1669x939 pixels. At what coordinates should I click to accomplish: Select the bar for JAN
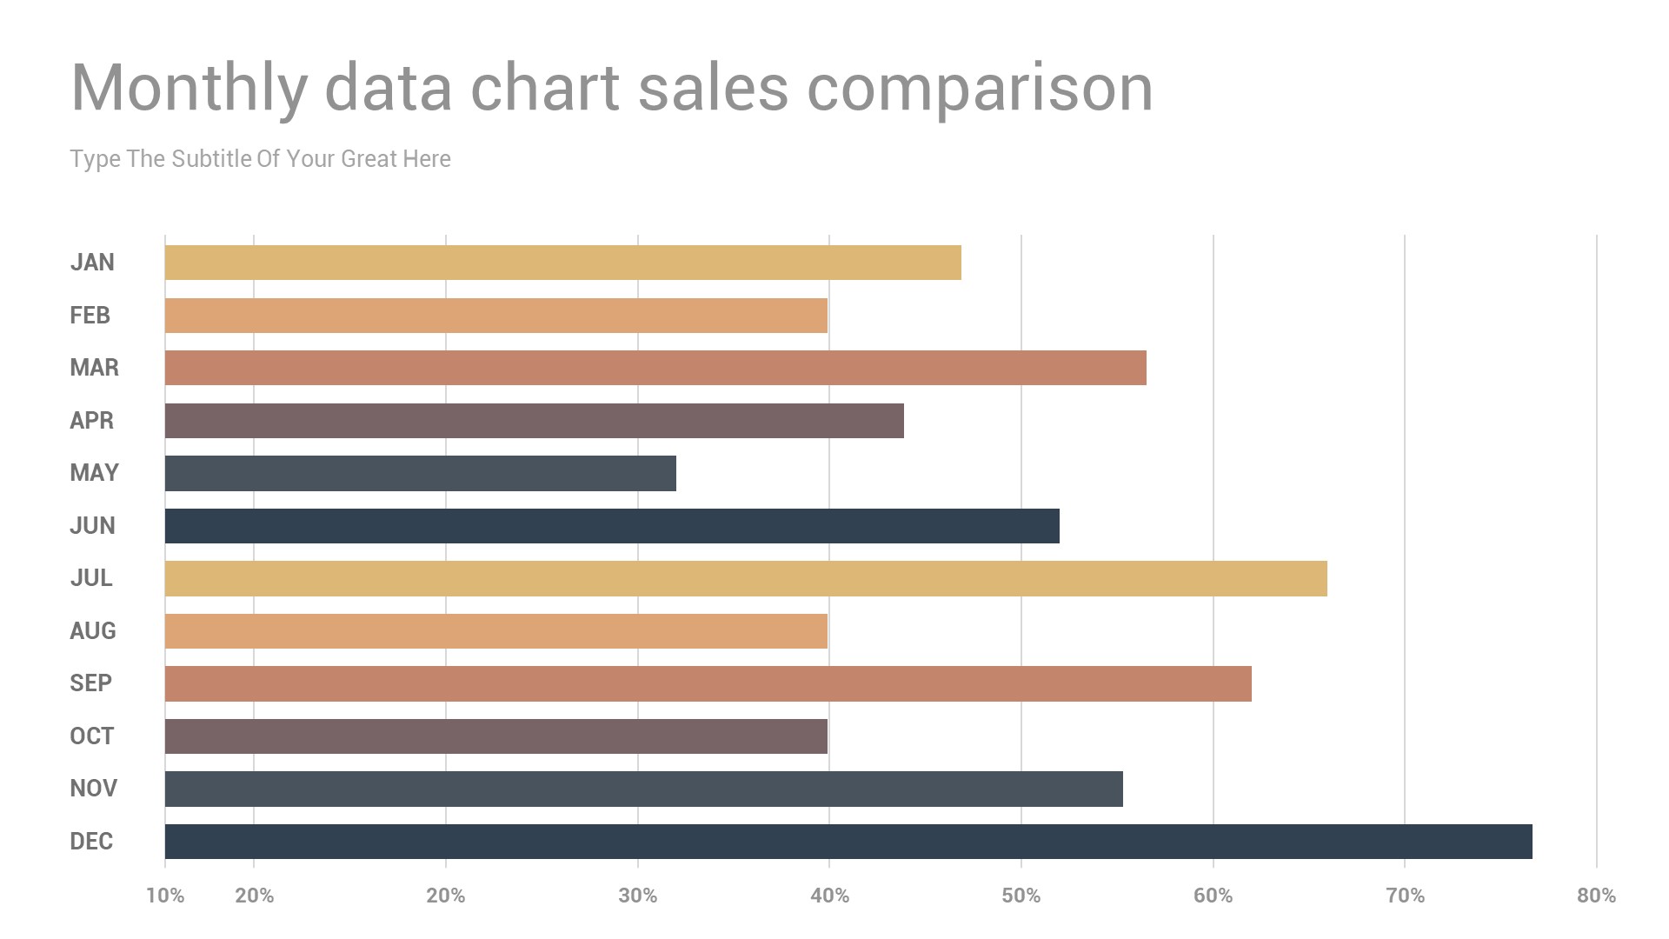point(562,263)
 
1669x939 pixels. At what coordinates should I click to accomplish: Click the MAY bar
point(420,473)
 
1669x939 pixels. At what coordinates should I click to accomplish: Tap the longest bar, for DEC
point(848,842)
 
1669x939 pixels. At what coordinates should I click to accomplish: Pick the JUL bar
point(746,578)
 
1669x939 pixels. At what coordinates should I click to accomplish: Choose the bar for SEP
point(708,683)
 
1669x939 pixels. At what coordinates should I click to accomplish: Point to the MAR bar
point(655,368)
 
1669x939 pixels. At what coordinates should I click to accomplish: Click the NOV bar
point(643,789)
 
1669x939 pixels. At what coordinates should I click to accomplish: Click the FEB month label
point(90,316)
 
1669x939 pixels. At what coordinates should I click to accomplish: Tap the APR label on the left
point(91,421)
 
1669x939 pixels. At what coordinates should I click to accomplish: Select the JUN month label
point(92,526)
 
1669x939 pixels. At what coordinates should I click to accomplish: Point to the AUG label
point(92,631)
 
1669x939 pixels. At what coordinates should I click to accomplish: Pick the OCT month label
point(91,736)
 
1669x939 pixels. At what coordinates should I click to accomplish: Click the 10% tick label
point(165,896)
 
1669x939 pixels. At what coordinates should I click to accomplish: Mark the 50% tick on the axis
point(1021,896)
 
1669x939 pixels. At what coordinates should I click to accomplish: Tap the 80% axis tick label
point(1596,896)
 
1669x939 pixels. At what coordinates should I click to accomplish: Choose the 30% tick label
point(637,896)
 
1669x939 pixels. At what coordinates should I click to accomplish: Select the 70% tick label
point(1405,896)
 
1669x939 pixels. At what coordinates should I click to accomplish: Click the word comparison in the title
point(980,89)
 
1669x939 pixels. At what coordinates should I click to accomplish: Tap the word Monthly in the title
point(189,89)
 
